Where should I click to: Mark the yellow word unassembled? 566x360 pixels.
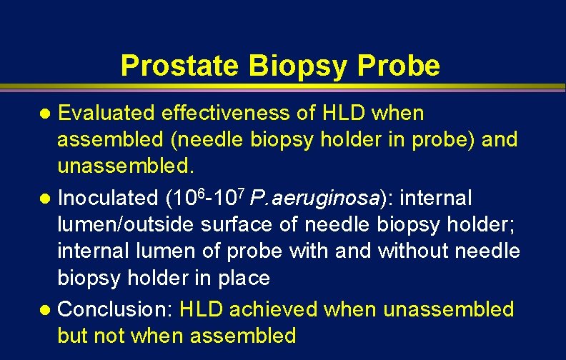click(448, 309)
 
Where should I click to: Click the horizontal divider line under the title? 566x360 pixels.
click(283, 89)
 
